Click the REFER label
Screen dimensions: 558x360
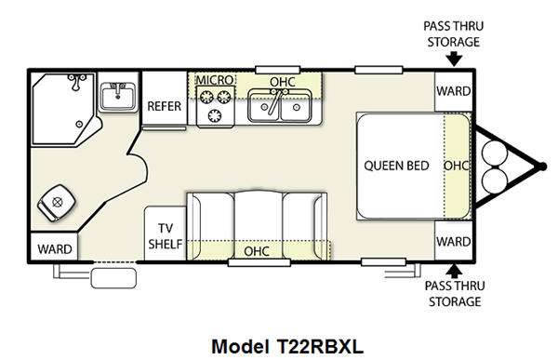pyautogui.click(x=164, y=106)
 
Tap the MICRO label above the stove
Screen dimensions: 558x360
pyautogui.click(x=215, y=80)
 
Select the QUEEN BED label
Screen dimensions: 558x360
pyautogui.click(x=396, y=166)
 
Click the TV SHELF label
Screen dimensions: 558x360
pyautogui.click(x=166, y=236)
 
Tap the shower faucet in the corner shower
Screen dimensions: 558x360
pyautogui.click(x=77, y=82)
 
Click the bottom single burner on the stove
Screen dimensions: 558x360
pyautogui.click(x=215, y=115)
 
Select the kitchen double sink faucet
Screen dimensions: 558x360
pyautogui.click(x=276, y=100)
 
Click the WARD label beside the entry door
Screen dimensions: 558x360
pyautogui.click(x=55, y=249)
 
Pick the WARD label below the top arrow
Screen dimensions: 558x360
pyautogui.click(x=454, y=91)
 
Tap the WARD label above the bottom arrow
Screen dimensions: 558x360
pyautogui.click(x=454, y=242)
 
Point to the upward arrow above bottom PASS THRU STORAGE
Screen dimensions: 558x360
pyautogui.click(x=454, y=272)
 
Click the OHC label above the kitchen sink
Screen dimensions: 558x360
pyautogui.click(x=283, y=82)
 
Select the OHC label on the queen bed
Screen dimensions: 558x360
pyautogui.click(x=456, y=166)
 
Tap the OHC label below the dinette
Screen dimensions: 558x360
pyautogui.click(x=257, y=251)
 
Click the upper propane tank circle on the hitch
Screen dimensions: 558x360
pyautogui.click(x=495, y=154)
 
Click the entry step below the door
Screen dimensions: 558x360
pyautogui.click(x=113, y=278)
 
